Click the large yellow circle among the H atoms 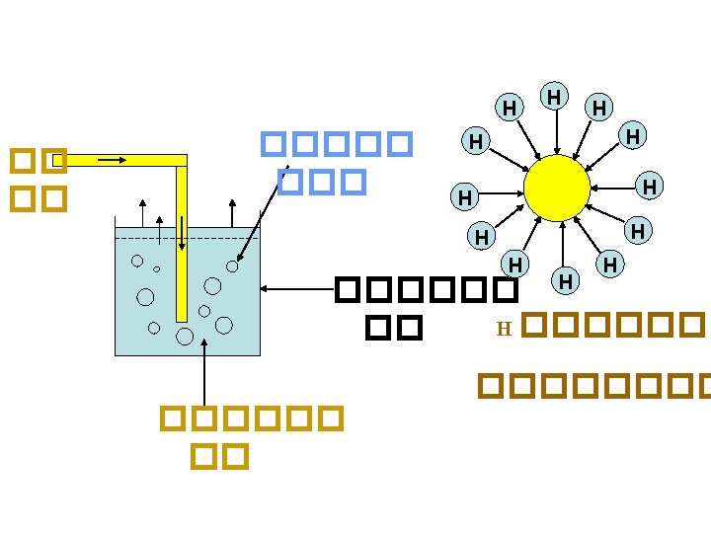[557, 188]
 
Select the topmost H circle [555, 97]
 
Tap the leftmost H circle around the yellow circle [462, 197]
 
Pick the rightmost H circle [649, 186]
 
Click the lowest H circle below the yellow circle [565, 281]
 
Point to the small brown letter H [503, 329]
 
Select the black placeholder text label [426, 307]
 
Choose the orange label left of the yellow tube [39, 179]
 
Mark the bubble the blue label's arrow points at [232, 266]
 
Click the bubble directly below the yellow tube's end [184, 336]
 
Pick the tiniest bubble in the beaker [157, 268]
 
